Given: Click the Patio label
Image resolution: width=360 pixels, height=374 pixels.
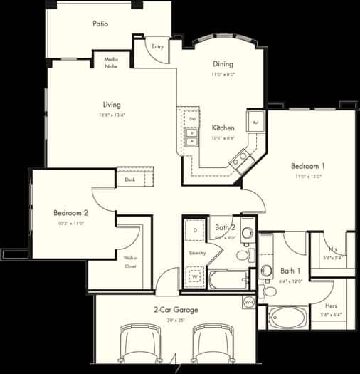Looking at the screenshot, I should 100,24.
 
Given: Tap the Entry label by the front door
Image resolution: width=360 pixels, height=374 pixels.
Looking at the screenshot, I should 157,47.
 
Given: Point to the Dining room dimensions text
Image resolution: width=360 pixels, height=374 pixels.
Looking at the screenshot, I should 222,74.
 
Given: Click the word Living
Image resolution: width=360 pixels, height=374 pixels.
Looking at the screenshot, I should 111,103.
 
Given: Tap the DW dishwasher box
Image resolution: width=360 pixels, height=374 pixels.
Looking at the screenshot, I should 191,118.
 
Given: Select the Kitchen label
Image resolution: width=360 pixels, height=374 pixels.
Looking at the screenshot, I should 223,128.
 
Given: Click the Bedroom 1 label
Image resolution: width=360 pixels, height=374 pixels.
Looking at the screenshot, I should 307,166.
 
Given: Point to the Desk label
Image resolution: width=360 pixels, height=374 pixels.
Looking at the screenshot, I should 130,180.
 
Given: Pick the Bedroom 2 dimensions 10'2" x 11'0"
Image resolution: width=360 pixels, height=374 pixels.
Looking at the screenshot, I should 70,223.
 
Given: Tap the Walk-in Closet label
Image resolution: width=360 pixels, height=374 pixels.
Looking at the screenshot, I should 130,262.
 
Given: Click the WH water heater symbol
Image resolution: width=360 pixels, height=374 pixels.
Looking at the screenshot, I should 249,302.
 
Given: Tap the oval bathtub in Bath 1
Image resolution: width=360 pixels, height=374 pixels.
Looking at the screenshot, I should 288,317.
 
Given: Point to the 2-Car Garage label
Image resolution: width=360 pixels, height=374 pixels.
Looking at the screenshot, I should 175,310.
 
